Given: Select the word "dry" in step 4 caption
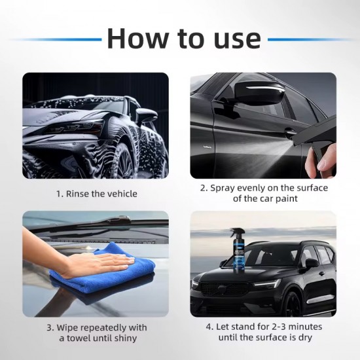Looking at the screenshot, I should click(x=302, y=338).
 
